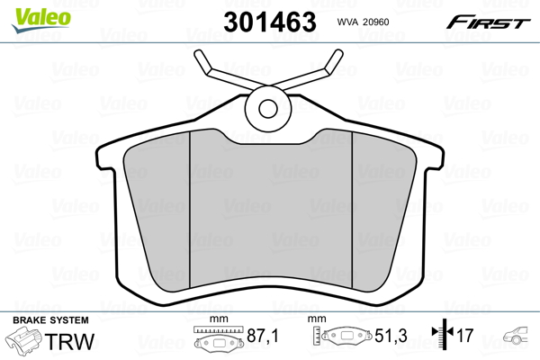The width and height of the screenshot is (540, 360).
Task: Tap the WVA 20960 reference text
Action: tap(368, 22)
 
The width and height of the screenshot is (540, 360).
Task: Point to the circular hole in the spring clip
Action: tap(267, 109)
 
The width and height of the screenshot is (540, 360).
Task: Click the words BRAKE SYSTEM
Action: tap(49, 320)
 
